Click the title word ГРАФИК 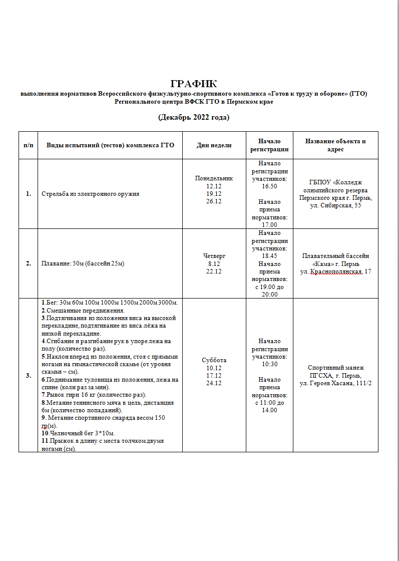click(x=193, y=84)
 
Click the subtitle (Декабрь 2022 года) click(x=193, y=118)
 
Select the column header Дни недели click(x=214, y=145)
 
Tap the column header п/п click(x=28, y=145)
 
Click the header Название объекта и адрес click(x=335, y=145)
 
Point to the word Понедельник click(x=214, y=178)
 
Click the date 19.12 click(x=214, y=193)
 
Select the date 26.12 click(x=214, y=201)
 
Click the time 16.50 click(x=269, y=186)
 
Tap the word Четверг click(x=214, y=256)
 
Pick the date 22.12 click(x=214, y=271)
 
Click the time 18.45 click(x=269, y=255)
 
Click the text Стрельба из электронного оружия click(x=91, y=194)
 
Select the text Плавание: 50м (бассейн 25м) click(x=83, y=263)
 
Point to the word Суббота click(x=214, y=360)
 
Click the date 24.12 click(x=214, y=383)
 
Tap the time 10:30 click(x=269, y=364)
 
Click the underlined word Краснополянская click(x=336, y=271)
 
